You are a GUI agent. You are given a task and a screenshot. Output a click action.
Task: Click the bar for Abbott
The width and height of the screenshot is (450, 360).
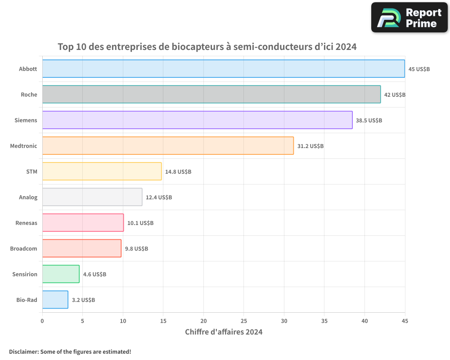[x=223, y=69]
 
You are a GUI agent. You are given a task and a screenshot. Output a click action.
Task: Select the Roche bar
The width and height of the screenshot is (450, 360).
[x=211, y=94]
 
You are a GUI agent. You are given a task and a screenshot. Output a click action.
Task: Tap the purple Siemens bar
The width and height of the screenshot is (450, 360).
[x=197, y=120]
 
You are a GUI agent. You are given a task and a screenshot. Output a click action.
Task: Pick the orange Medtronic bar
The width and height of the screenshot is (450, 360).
[x=168, y=146]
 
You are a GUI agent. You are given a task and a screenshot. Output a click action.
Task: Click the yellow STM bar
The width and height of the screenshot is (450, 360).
[x=102, y=171]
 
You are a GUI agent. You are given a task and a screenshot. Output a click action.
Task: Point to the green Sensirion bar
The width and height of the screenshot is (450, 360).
[x=61, y=274]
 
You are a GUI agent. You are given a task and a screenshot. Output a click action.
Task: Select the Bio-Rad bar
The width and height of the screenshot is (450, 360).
[x=55, y=300]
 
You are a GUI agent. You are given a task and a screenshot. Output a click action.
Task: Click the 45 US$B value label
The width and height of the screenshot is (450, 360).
[x=419, y=69]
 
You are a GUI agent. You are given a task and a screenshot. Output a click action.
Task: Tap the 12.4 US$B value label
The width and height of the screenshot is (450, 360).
[x=159, y=198]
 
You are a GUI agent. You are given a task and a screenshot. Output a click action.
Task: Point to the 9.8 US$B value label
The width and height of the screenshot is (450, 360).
[x=136, y=249]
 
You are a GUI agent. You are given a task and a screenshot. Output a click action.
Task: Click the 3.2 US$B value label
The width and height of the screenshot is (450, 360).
[x=83, y=300]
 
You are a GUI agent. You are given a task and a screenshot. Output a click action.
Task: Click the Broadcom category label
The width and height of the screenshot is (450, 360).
[x=23, y=248]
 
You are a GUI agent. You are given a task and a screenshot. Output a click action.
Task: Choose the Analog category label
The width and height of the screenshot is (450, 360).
[x=28, y=197]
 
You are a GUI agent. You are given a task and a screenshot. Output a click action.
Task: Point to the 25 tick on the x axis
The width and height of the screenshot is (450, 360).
[x=243, y=321]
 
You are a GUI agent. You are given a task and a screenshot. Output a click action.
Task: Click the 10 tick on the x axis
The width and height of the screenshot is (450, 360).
[x=123, y=321]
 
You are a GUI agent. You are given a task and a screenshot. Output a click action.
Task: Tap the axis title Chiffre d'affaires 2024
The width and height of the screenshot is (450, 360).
[x=224, y=332]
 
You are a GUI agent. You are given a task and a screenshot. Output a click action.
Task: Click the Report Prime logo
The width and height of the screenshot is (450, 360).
[x=409, y=18]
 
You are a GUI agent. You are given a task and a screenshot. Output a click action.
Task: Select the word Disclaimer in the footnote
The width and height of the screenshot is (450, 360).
[x=23, y=351]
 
